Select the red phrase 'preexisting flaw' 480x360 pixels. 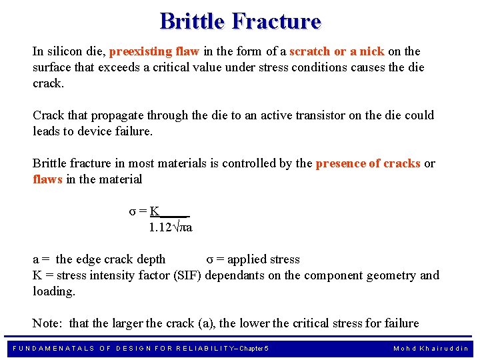click(x=149, y=51)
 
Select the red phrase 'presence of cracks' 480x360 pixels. click(x=368, y=163)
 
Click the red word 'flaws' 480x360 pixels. click(x=48, y=179)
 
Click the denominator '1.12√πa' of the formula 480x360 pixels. click(x=171, y=227)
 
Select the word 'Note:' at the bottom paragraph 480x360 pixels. click(x=48, y=323)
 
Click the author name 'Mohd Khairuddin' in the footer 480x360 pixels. click(x=431, y=349)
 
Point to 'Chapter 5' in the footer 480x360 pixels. click(x=254, y=349)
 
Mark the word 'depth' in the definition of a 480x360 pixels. click(x=150, y=259)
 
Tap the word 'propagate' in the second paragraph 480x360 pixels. click(x=117, y=115)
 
